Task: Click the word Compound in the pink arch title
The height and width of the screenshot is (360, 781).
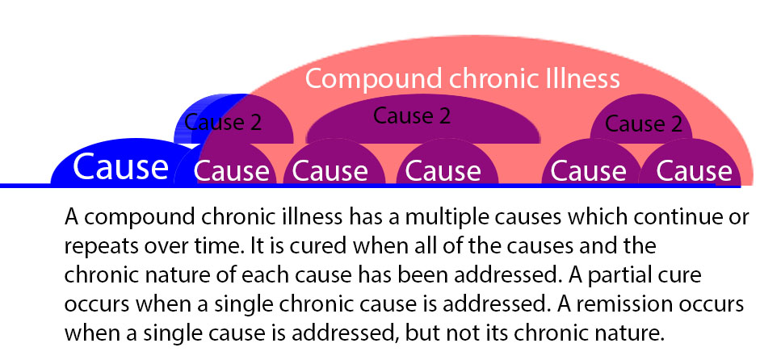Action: [x=374, y=78]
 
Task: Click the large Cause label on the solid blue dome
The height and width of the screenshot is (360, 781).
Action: [x=120, y=167]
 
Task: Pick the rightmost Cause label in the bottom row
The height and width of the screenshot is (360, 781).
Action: [x=694, y=171]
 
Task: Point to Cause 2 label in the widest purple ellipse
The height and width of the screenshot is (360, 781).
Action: [x=412, y=115]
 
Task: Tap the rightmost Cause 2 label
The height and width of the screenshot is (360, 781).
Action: [x=644, y=123]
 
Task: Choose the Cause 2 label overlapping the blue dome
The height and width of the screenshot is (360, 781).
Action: [x=223, y=122]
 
